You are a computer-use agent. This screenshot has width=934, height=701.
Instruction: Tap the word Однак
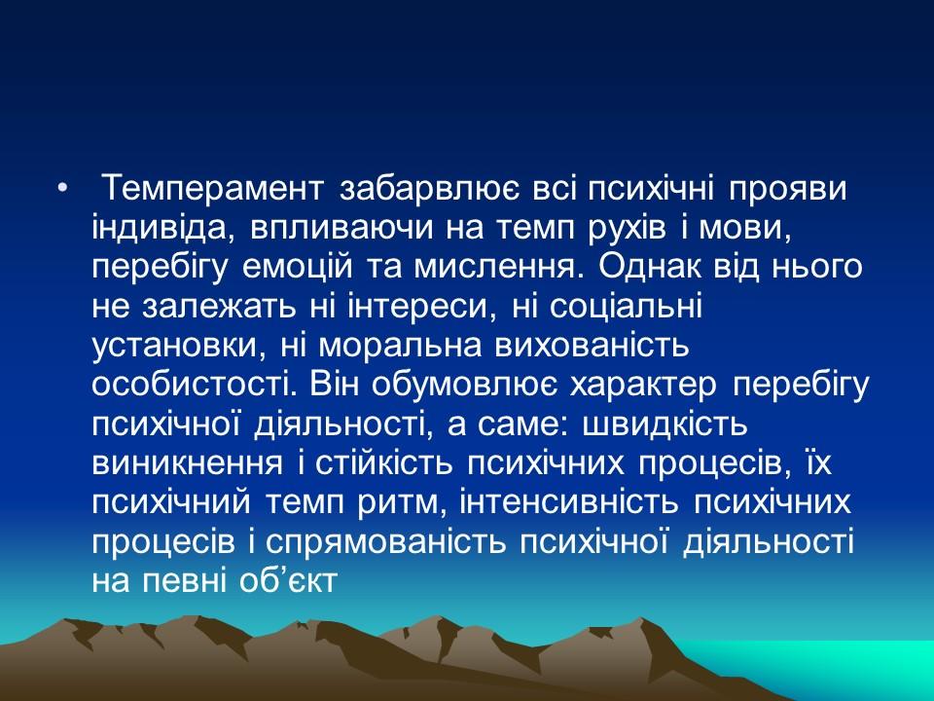coord(643,266)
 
